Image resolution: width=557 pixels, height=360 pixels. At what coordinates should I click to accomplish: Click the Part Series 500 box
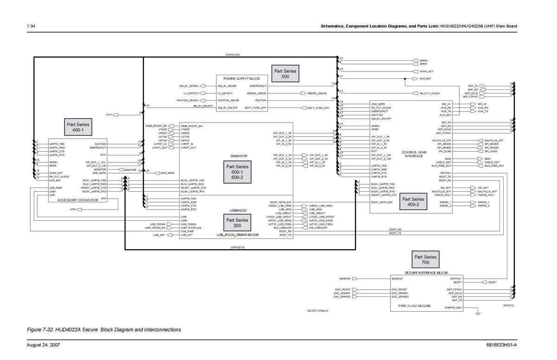(x=285, y=74)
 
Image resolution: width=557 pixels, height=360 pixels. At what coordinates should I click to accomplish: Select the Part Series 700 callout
(x=426, y=260)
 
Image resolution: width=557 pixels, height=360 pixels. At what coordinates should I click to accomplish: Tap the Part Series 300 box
(x=237, y=223)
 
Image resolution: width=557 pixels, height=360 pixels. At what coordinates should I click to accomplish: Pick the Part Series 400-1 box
(x=78, y=127)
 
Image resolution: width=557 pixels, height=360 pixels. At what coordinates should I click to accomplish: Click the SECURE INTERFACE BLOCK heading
(x=426, y=273)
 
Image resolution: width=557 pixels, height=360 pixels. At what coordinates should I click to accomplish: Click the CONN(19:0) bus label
(x=233, y=55)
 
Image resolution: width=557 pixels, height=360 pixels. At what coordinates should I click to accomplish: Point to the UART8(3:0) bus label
(x=238, y=248)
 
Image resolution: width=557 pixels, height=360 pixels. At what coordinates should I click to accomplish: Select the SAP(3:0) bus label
(x=508, y=306)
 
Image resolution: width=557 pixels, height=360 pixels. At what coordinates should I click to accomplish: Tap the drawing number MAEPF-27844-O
(x=318, y=311)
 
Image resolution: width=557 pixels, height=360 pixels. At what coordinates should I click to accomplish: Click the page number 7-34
(x=32, y=26)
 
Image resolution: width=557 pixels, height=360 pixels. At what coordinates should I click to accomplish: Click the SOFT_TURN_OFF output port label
(x=318, y=108)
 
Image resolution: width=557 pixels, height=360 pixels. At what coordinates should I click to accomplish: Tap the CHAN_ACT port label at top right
(x=426, y=71)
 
